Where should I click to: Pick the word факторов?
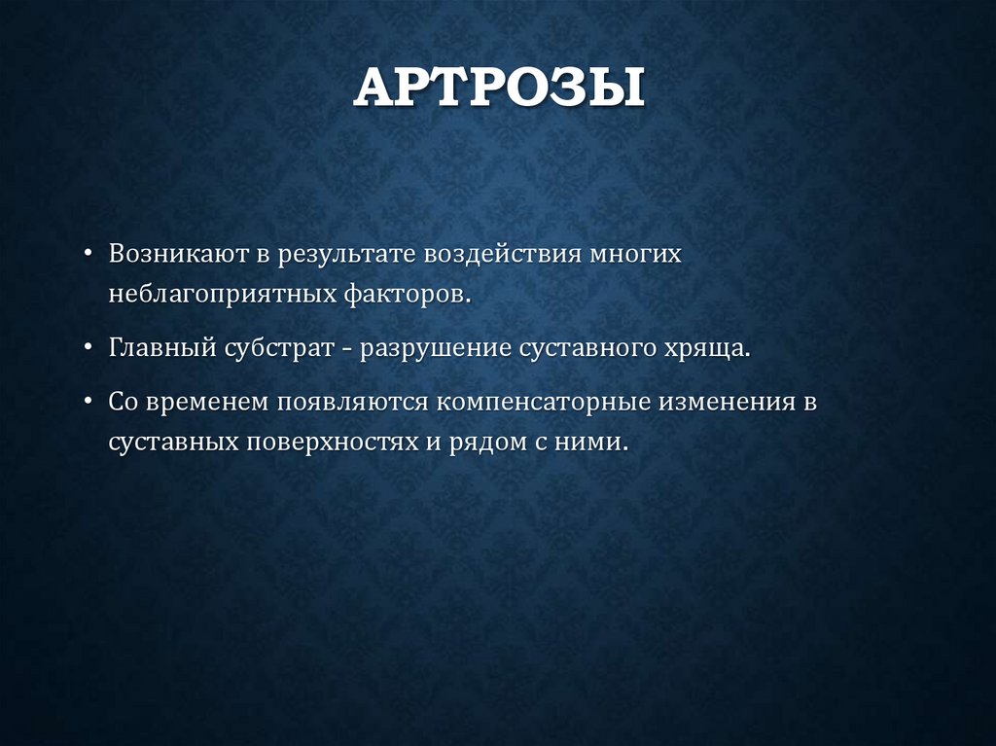coord(407,294)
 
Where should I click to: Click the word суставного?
coord(585,348)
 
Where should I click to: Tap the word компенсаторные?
coord(534,402)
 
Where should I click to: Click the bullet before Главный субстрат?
coord(89,348)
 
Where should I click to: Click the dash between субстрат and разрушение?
coord(346,348)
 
